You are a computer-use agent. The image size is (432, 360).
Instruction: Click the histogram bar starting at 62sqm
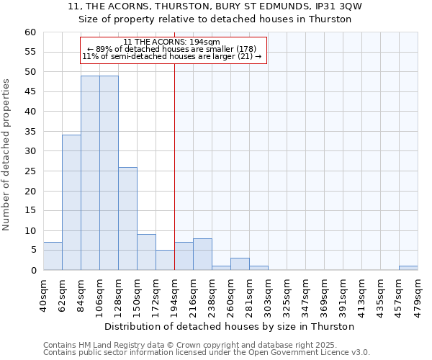71,202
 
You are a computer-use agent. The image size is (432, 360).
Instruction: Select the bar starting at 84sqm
90,173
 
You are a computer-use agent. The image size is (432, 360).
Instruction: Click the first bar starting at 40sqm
53,256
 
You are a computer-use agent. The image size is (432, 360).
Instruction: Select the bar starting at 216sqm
184,256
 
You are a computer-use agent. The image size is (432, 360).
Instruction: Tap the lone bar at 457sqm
408,268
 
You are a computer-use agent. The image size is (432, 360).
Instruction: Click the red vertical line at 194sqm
174,166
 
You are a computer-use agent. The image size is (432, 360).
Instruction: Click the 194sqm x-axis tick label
174,294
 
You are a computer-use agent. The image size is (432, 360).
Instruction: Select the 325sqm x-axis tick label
287,294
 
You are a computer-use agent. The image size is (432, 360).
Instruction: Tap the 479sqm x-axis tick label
418,294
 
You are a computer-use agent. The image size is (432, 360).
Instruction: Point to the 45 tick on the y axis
30,91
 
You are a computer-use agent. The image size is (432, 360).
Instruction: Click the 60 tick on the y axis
30,32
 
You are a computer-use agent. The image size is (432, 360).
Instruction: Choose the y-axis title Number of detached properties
7,154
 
